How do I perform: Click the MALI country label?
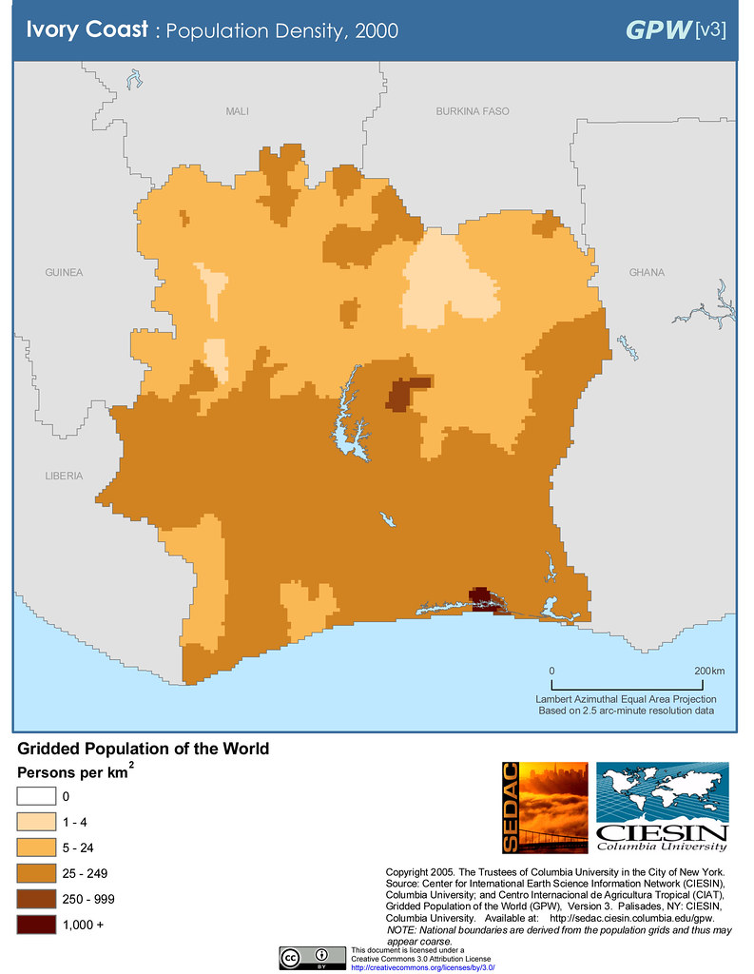pyautogui.click(x=237, y=112)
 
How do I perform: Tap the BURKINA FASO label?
pyautogui.click(x=473, y=112)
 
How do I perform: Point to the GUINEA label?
pyautogui.click(x=64, y=273)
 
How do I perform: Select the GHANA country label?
pyautogui.click(x=647, y=273)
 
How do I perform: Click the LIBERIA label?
pyautogui.click(x=64, y=476)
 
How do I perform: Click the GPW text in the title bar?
pyautogui.click(x=658, y=29)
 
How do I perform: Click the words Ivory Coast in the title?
pyautogui.click(x=86, y=29)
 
